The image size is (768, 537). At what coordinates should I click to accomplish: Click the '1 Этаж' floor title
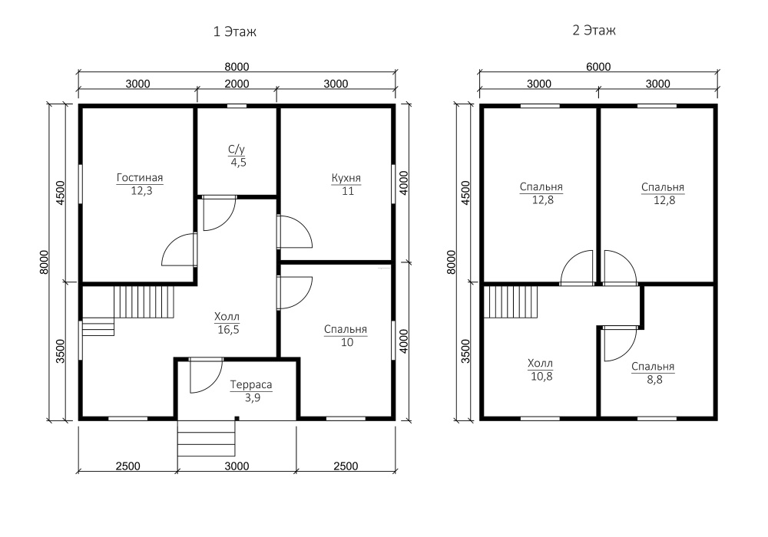(234, 31)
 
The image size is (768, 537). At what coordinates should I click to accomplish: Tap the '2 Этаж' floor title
(594, 31)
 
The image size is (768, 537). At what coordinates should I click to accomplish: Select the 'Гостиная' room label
(140, 177)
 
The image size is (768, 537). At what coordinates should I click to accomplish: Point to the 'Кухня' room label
(346, 178)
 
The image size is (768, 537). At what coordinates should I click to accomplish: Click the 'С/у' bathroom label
(237, 149)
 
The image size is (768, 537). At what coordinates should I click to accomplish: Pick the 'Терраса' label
(251, 385)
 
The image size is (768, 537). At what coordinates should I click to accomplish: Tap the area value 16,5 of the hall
(228, 330)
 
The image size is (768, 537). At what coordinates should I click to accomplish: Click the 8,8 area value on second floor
(654, 379)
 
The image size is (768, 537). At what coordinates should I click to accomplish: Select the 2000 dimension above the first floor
(237, 84)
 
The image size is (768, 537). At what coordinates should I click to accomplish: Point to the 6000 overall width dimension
(598, 67)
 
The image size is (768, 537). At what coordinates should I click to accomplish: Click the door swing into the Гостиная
(179, 249)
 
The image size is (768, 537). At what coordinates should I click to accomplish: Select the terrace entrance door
(206, 376)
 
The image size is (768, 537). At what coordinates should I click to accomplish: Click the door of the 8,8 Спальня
(620, 344)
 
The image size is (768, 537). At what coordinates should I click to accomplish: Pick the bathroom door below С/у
(220, 213)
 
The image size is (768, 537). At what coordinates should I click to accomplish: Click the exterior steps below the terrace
(206, 439)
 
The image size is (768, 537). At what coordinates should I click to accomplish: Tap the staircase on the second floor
(511, 302)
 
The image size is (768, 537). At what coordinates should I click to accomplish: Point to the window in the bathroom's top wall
(237, 106)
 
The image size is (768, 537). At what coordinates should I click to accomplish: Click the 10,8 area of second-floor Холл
(541, 376)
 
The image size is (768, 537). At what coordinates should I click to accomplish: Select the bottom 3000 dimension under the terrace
(237, 466)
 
